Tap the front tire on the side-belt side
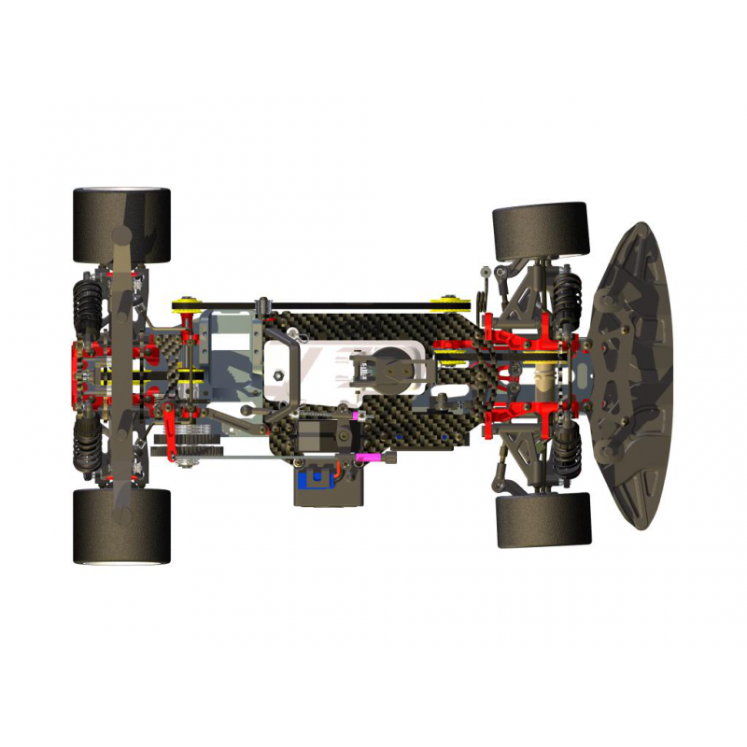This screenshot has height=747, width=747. click(540, 231)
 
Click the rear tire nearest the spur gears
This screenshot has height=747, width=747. click(121, 526)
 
